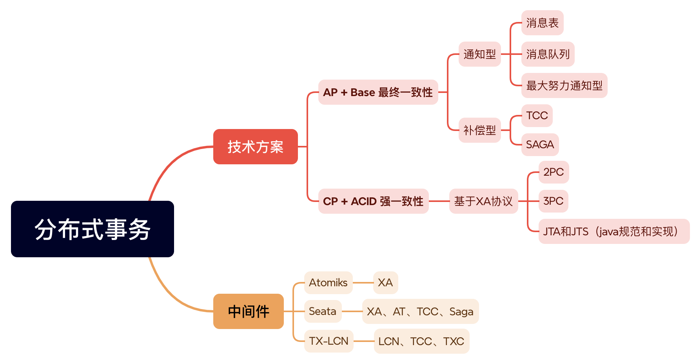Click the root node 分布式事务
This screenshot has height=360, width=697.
coord(93,229)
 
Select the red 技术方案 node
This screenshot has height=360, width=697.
coord(256,147)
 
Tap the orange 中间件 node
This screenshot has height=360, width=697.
coord(249,311)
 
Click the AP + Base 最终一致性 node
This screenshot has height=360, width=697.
coord(378,92)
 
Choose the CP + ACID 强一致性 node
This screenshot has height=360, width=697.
coord(373,201)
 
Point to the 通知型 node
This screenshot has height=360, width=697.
coord(480,54)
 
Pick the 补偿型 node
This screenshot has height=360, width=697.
coord(480,130)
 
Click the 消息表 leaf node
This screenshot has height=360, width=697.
coord(543,23)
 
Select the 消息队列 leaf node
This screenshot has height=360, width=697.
coord(548,54)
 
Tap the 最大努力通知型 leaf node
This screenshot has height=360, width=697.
coord(564,85)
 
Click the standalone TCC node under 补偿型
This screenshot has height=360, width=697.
coord(537,116)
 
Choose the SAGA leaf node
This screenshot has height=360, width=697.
coord(540,145)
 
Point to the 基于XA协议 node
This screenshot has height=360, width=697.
coord(484,201)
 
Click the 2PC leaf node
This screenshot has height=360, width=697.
coord(554,172)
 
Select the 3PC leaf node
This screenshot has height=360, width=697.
coord(554,201)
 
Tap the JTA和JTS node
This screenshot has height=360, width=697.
coord(614,231)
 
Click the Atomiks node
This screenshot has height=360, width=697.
coord(329,283)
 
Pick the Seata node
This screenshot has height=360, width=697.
coord(323,311)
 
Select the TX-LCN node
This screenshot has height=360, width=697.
coord(329,341)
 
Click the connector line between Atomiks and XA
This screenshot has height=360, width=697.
coord(363,283)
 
